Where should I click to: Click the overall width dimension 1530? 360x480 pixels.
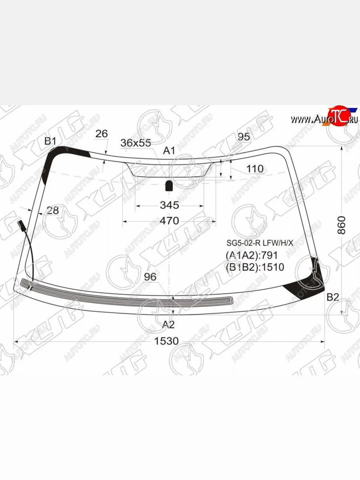167,341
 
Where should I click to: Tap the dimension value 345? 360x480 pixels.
169,206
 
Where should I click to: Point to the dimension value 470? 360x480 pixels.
169,221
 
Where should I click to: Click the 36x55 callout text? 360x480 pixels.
136,143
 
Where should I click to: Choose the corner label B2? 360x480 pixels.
333,297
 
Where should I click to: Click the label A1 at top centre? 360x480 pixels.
169,151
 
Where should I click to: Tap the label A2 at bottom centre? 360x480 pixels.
168,324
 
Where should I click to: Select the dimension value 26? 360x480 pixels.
102,134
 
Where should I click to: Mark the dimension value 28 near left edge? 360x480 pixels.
52,210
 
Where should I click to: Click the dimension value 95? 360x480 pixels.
244,137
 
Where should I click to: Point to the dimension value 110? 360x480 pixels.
255,169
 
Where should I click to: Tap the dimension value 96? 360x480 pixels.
150,277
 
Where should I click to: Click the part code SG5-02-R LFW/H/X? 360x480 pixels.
260,242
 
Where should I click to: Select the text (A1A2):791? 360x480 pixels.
252,255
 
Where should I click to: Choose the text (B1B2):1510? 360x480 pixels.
255,267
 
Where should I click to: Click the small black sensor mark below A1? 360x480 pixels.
169,185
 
